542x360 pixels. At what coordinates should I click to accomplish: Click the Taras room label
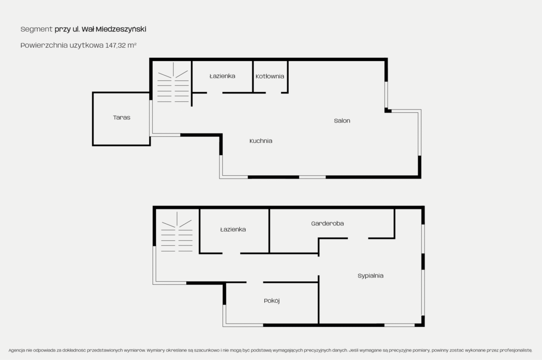(x=122, y=117)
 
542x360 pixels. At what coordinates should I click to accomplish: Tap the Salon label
(x=342, y=121)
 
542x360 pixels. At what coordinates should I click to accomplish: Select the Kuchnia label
(x=261, y=141)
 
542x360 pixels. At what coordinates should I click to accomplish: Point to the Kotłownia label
(x=270, y=76)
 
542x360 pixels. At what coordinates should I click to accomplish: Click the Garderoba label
(x=327, y=223)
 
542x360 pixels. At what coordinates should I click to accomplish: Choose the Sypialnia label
(x=370, y=276)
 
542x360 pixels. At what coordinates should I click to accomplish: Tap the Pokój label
(x=272, y=301)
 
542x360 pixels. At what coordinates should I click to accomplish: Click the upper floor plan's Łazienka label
(x=222, y=76)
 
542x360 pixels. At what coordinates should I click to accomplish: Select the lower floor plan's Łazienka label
(x=233, y=229)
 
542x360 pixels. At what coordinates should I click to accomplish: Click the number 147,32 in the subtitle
(x=116, y=45)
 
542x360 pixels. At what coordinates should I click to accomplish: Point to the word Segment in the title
(x=36, y=29)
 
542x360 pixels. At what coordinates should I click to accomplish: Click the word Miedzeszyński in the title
(x=121, y=29)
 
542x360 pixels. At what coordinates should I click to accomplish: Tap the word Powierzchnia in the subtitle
(x=44, y=45)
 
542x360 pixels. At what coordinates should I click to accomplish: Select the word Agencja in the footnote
(x=17, y=350)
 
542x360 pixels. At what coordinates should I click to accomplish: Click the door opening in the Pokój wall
(x=255, y=282)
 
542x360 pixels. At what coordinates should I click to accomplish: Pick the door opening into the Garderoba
(x=358, y=238)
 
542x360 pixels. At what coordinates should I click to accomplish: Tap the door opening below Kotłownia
(x=273, y=93)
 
